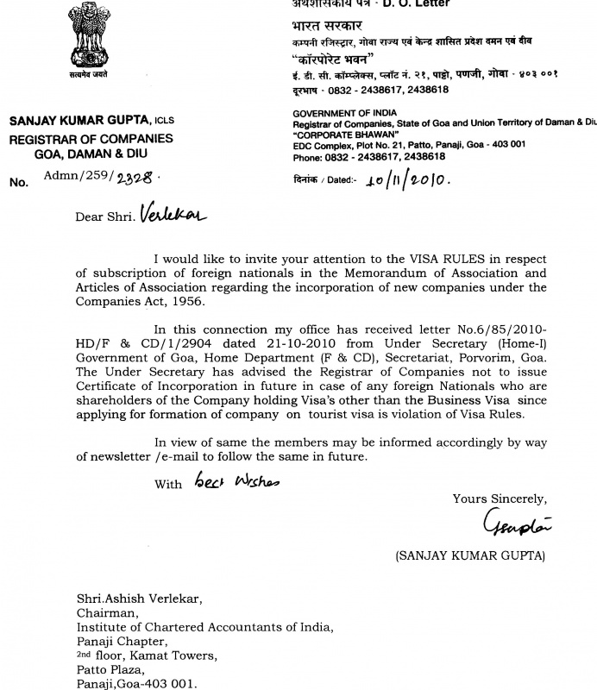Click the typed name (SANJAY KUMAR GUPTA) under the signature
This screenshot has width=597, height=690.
click(470, 556)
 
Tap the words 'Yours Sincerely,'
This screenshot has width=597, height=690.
click(500, 499)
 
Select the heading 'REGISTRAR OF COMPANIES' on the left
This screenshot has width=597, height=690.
click(91, 139)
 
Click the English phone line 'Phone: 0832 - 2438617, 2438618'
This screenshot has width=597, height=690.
click(369, 157)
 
